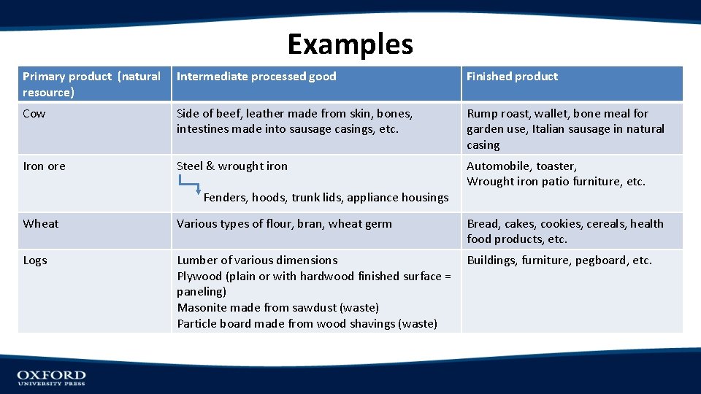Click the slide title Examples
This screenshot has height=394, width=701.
(x=350, y=45)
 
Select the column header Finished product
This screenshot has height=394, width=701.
(x=512, y=77)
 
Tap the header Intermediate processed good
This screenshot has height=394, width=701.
(x=256, y=77)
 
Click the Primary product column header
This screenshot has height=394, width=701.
(x=91, y=84)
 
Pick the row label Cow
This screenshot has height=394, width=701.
(x=34, y=114)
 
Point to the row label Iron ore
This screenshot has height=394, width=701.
(x=44, y=166)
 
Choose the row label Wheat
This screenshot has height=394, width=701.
(x=41, y=224)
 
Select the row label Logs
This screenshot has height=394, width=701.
(x=35, y=260)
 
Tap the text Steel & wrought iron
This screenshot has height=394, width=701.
(x=232, y=166)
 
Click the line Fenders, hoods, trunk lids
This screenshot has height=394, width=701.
(x=326, y=198)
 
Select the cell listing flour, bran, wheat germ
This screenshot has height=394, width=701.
(x=284, y=224)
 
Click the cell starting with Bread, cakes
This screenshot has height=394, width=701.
(x=564, y=231)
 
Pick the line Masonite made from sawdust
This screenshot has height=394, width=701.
(x=277, y=308)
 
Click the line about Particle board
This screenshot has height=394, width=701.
(x=307, y=324)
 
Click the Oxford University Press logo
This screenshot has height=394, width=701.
(x=51, y=377)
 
